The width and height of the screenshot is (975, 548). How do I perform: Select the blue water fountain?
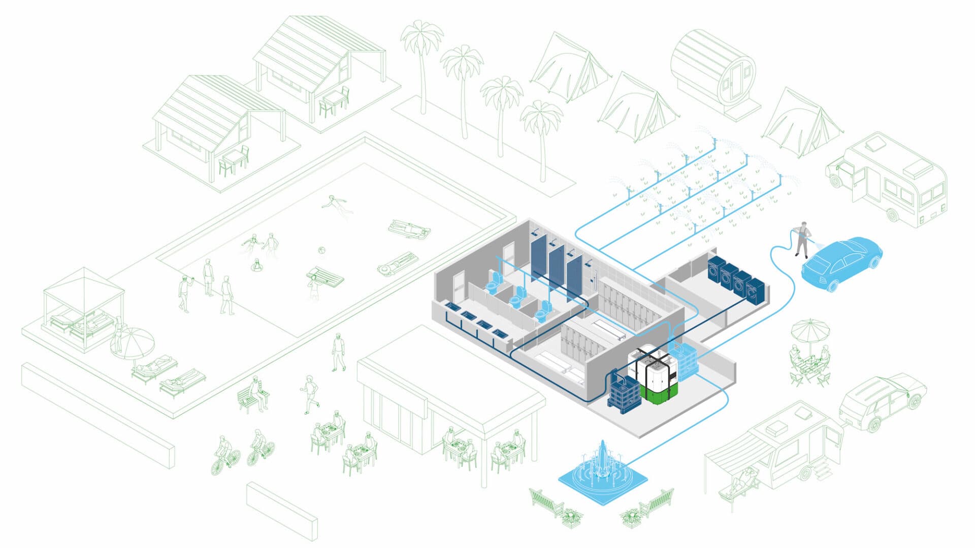coord(603,475)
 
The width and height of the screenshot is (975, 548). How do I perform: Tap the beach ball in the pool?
coord(321,250)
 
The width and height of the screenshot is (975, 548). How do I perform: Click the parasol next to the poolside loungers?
coord(133,341)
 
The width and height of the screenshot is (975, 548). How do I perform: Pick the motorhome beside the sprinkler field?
coord(889,180)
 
